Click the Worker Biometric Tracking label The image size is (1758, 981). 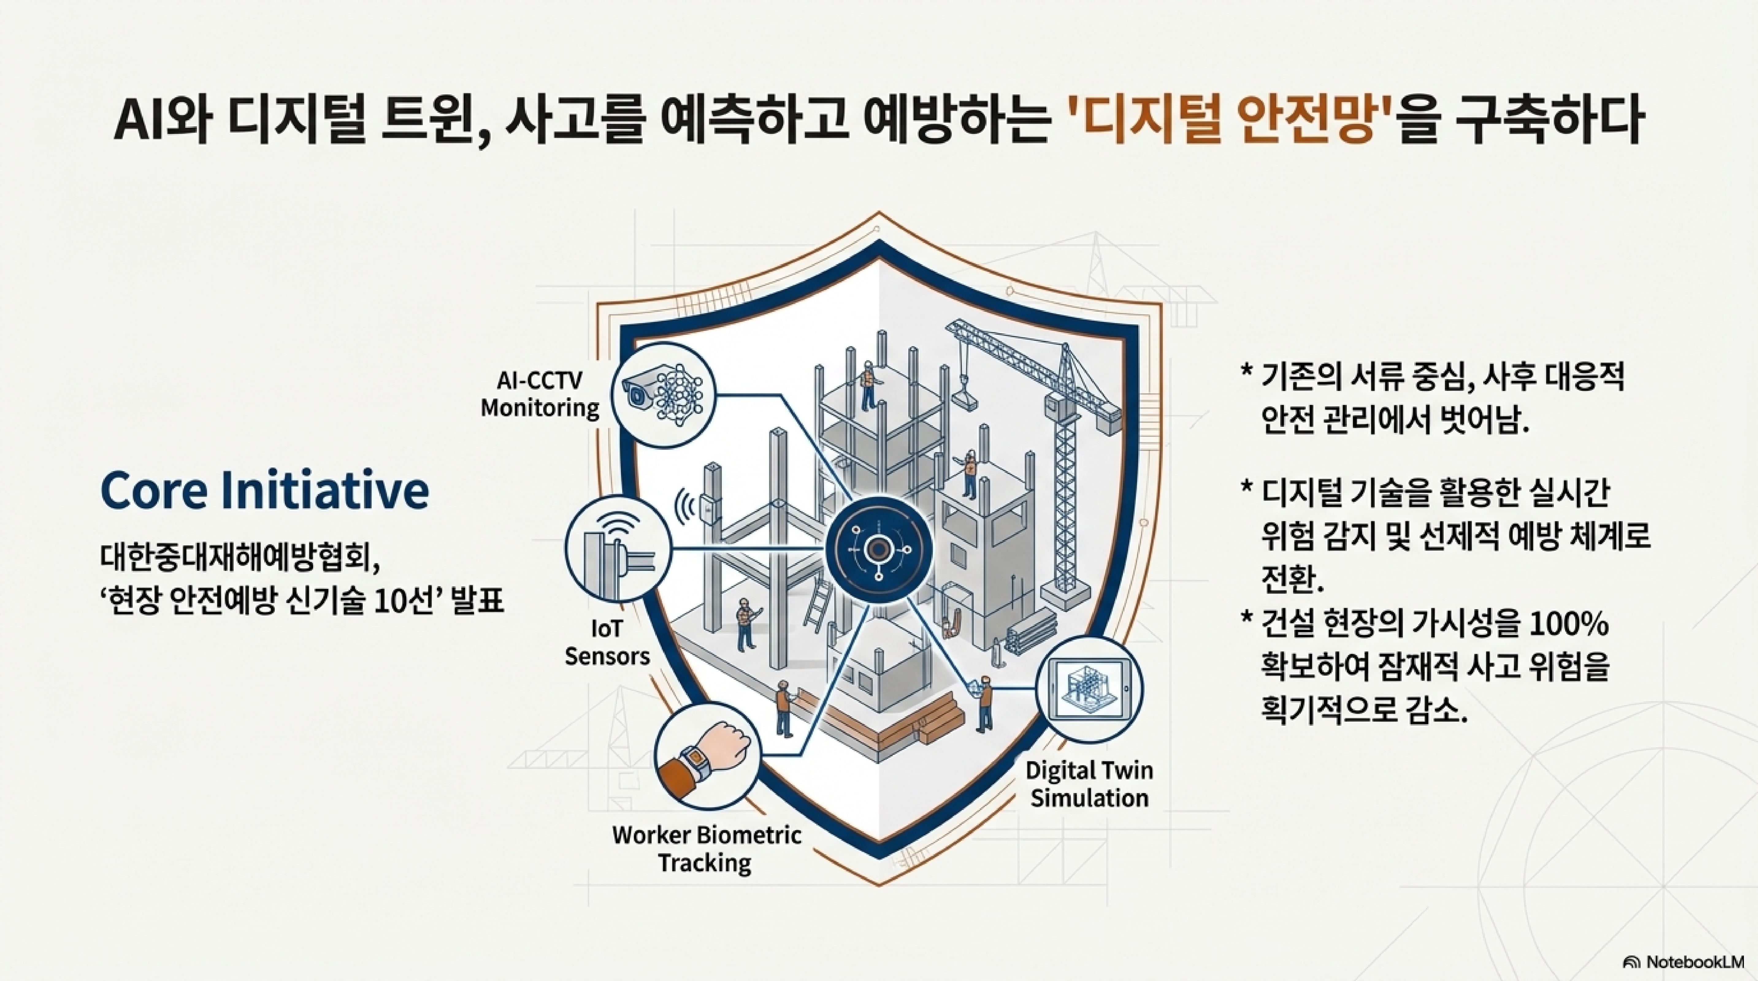tap(706, 849)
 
